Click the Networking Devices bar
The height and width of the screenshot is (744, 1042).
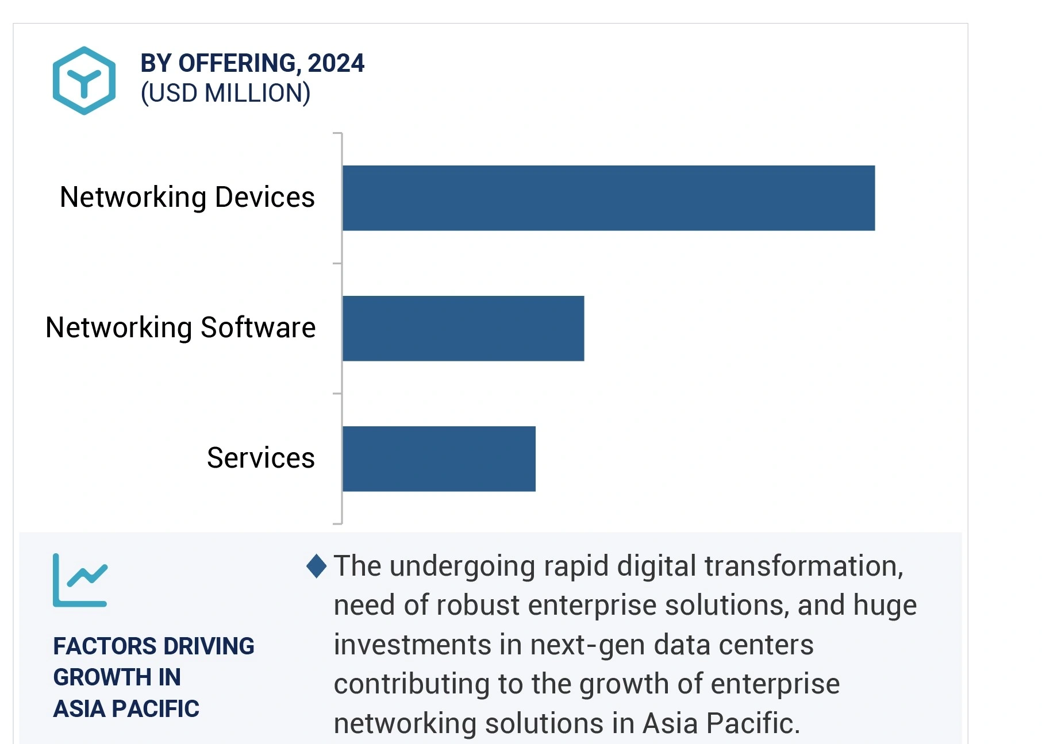(608, 198)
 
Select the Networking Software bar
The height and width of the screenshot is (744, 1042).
(463, 329)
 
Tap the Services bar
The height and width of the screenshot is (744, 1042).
(439, 459)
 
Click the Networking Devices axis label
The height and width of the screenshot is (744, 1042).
(187, 198)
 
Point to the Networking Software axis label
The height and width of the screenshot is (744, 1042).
(180, 328)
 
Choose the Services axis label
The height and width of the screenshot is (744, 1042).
(260, 458)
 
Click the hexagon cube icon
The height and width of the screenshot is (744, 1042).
(84, 80)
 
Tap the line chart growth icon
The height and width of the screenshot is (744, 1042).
(80, 580)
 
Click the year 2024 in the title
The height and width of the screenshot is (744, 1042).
(336, 63)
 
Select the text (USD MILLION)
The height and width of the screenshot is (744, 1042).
(225, 94)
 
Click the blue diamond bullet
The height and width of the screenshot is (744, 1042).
(317, 566)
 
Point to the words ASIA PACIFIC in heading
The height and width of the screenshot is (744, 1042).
(126, 709)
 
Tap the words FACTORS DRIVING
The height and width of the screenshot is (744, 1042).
(153, 646)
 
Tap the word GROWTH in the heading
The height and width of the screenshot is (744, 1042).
(97, 677)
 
